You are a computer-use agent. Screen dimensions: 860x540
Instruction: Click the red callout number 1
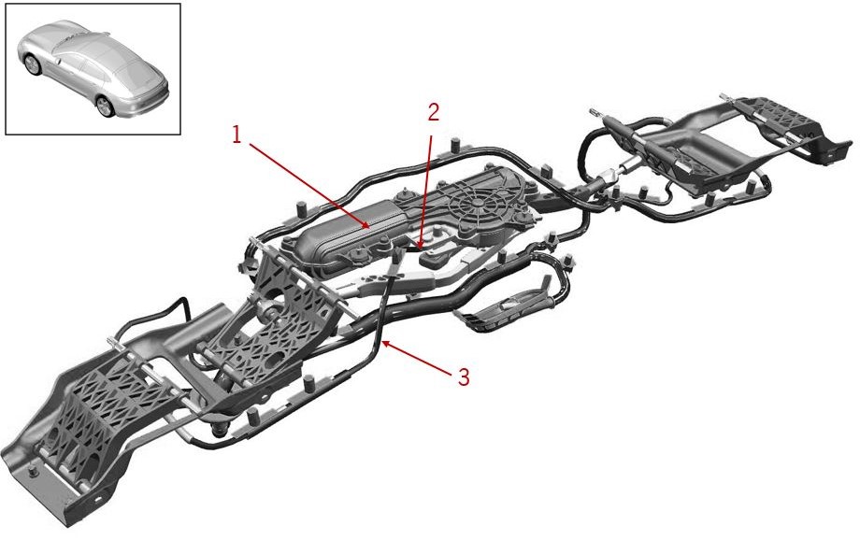[x=236, y=135]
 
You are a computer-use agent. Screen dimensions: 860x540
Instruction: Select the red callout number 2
[x=434, y=112]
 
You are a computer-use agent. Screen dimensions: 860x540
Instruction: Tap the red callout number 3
[x=464, y=377]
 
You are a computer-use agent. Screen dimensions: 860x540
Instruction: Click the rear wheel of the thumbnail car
[x=104, y=106]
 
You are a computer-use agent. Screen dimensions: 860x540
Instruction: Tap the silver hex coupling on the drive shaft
[x=608, y=178]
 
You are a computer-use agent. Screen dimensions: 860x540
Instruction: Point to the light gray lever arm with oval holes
[x=384, y=280]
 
